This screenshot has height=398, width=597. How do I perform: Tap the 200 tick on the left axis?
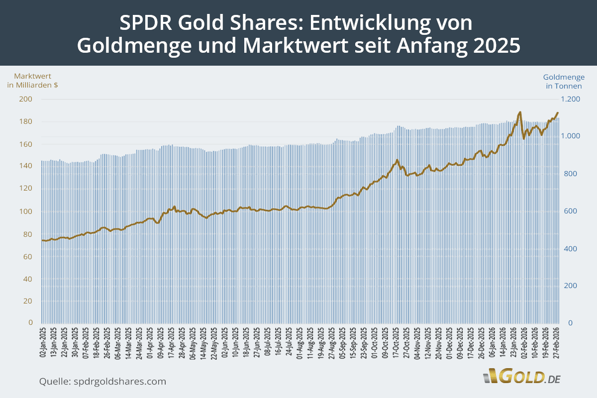tap(26, 99)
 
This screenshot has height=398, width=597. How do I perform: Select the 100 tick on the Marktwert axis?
tap(26, 211)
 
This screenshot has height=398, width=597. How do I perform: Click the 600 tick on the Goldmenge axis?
tap(570, 211)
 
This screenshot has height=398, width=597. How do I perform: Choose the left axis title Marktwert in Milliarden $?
tap(32, 81)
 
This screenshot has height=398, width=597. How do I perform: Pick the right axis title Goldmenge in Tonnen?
tap(564, 82)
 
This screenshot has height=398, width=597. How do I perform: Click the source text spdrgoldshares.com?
tap(119, 382)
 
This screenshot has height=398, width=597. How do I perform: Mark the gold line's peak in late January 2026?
tap(519, 112)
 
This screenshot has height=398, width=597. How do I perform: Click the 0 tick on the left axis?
tap(30, 323)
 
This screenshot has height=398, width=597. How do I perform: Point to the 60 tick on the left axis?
tap(28, 256)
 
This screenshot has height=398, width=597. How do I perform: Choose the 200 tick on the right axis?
tap(570, 286)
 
